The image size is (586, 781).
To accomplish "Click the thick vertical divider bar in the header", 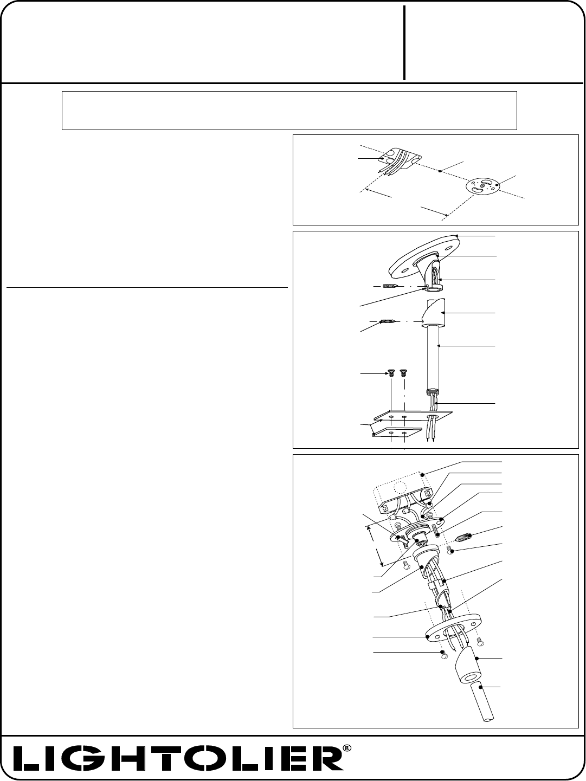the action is pos(404,43).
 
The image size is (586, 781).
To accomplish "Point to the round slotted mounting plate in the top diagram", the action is pos(486,186).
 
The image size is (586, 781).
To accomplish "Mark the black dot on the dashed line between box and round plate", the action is pos(440,171).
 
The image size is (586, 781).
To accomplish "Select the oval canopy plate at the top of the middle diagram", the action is pos(423,256).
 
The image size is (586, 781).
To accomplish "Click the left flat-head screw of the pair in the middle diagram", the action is pos(391,374).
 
